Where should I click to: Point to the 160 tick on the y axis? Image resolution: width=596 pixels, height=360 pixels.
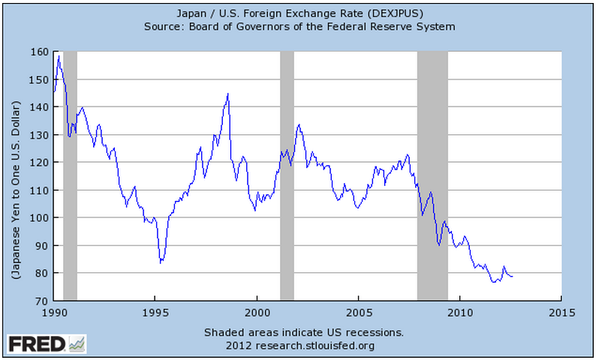[39, 52]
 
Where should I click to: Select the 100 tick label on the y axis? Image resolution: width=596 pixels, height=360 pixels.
[39, 217]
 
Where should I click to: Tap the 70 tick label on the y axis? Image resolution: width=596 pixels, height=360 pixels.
[41, 301]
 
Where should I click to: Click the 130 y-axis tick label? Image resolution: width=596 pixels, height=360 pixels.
[39, 135]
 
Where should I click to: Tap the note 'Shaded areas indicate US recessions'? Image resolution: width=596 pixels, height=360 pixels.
[304, 331]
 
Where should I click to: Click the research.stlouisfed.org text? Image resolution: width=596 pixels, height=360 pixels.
[304, 345]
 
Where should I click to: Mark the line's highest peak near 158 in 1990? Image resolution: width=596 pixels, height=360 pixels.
[59, 56]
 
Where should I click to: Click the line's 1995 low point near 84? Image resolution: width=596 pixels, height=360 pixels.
[161, 262]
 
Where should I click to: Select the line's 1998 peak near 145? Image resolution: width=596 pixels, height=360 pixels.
[227, 94]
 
